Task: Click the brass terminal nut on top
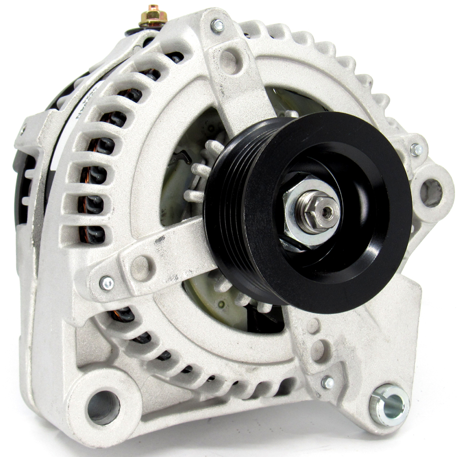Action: tap(153, 17)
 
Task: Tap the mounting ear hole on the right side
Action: tap(431, 192)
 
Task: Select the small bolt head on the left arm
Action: tap(107, 283)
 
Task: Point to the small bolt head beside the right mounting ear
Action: tap(416, 149)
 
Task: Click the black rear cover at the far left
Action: tap(30, 193)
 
